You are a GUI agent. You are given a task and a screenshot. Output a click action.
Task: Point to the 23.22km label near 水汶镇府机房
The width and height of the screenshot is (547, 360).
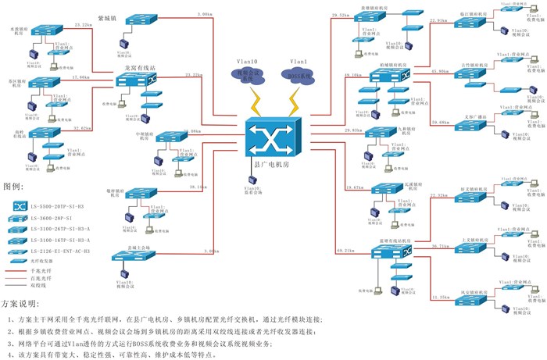click(x=83, y=25)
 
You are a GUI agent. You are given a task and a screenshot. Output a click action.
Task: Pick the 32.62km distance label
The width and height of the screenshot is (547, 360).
click(x=83, y=128)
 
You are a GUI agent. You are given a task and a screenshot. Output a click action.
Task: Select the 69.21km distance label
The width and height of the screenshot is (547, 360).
click(x=345, y=251)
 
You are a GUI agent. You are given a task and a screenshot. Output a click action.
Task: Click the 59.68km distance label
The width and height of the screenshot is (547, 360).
click(x=440, y=123)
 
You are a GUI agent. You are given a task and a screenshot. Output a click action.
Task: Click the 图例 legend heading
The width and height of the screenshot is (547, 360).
click(x=14, y=187)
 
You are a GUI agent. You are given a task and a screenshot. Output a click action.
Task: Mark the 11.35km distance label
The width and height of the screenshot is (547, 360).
click(x=440, y=298)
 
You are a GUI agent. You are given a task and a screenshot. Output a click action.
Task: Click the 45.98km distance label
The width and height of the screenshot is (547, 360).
click(x=440, y=71)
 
